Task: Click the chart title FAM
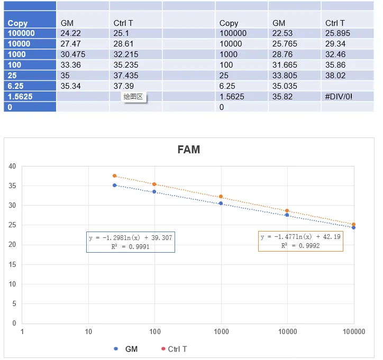click(x=189, y=150)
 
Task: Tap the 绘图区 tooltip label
click(x=133, y=97)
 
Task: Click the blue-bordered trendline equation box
click(x=131, y=242)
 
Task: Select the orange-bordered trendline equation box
click(x=300, y=241)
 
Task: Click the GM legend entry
click(x=126, y=349)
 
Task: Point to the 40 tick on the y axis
click(x=12, y=166)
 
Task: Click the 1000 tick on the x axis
click(x=221, y=332)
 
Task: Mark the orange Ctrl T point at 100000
click(x=353, y=225)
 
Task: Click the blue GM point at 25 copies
click(x=114, y=185)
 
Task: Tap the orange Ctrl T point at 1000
click(x=221, y=197)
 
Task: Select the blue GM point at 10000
click(x=287, y=215)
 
